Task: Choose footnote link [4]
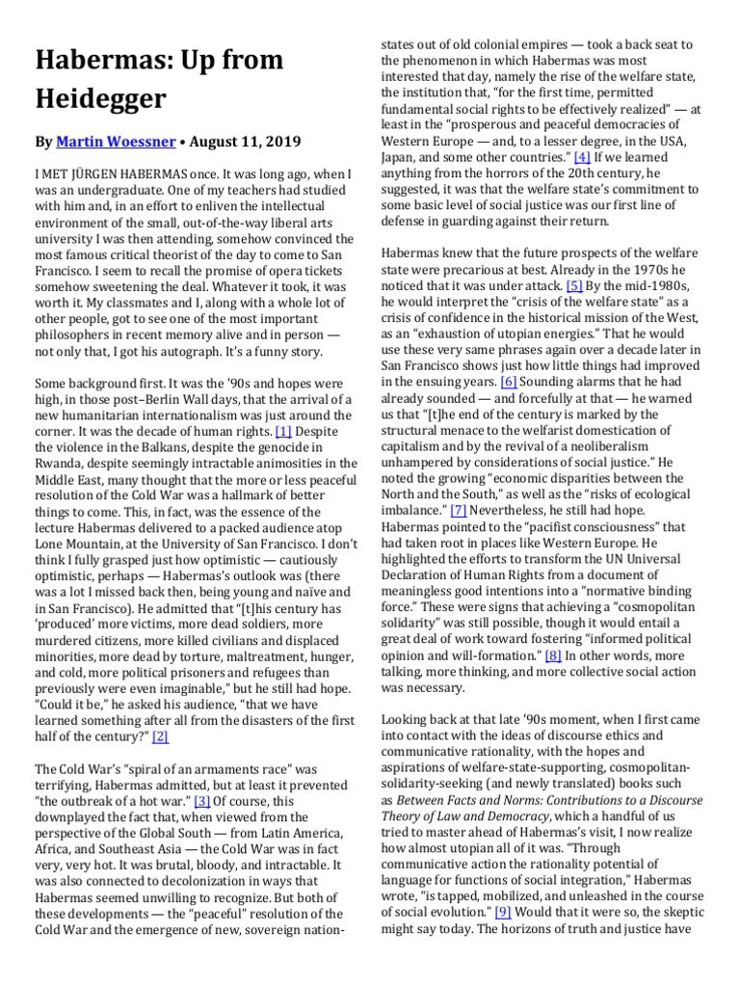click(583, 156)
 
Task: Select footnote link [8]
click(553, 654)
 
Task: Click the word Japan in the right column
click(403, 156)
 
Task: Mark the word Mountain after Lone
click(103, 544)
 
